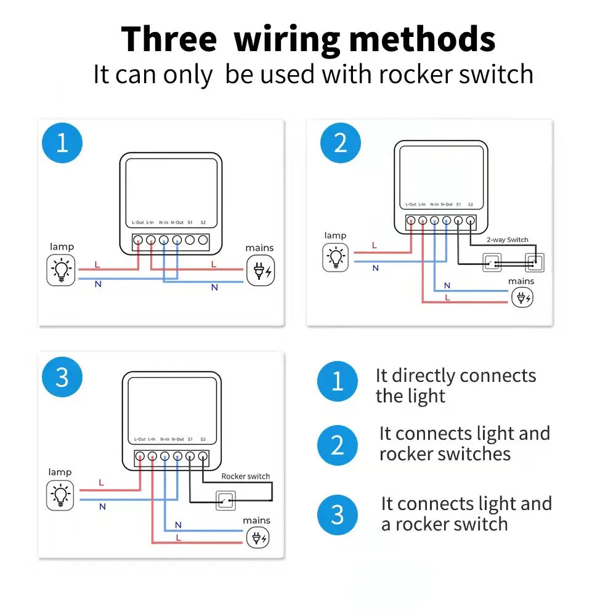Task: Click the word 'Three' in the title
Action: point(169,39)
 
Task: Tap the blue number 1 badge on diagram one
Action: point(62,143)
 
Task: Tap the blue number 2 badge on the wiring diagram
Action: point(341,143)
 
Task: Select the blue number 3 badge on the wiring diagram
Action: point(62,377)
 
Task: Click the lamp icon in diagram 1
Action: point(61,270)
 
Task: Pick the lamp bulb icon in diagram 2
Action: point(336,257)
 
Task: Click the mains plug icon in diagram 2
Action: point(522,298)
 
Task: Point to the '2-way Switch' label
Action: point(507,240)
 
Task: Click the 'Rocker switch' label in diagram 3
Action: point(245,476)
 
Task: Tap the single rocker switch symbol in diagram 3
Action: point(226,501)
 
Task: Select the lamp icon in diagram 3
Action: point(60,495)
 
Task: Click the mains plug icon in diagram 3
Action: point(257,538)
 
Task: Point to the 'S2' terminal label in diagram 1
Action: point(203,222)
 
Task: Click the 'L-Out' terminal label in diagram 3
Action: point(139,439)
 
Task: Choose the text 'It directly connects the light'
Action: point(455,386)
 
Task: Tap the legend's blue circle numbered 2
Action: point(337,445)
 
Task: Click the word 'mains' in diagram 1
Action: point(259,248)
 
